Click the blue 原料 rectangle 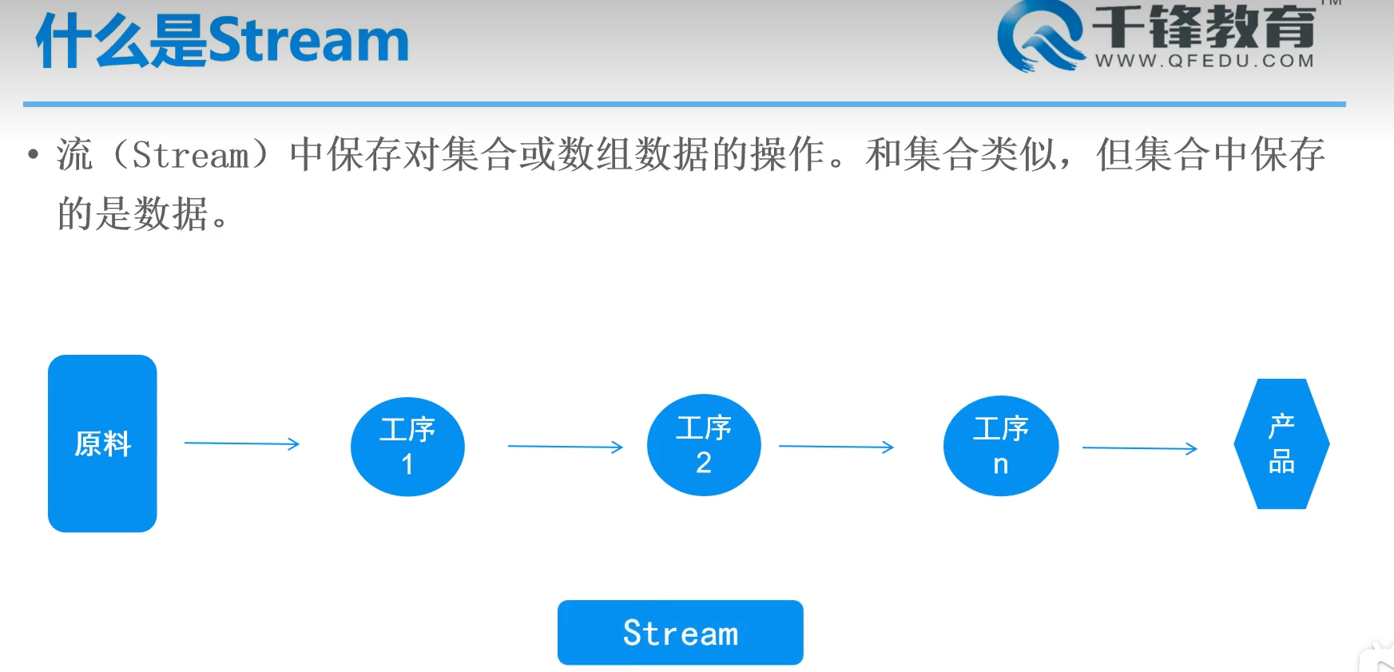(102, 443)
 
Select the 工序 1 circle (407, 447)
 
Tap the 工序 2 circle (704, 445)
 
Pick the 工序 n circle (1001, 446)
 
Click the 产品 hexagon (1281, 444)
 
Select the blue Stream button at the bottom (680, 633)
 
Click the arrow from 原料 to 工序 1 (241, 443)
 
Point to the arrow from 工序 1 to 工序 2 (565, 447)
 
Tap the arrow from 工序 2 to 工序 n (836, 447)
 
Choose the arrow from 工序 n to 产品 (1139, 448)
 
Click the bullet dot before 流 (33, 154)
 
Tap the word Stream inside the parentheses (190, 155)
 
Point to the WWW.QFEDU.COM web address (1204, 61)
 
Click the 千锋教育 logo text (1204, 26)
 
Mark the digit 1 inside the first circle (407, 464)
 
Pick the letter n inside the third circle (1001, 464)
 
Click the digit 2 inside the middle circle (704, 463)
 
